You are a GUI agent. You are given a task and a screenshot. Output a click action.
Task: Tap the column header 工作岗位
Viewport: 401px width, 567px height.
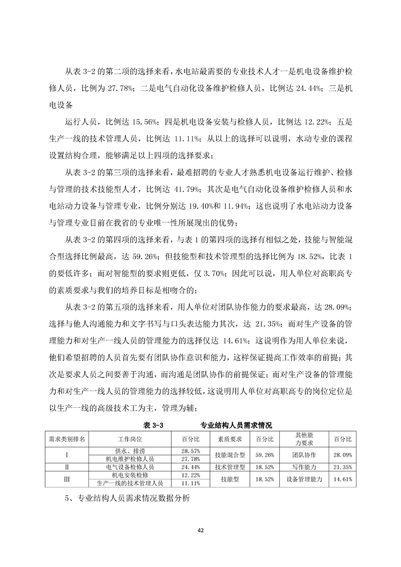[x=130, y=438]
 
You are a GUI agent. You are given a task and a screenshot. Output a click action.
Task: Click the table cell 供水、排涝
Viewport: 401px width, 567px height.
[x=130, y=450]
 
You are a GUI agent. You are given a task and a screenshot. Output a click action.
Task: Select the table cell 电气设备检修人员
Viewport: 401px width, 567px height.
[x=130, y=467]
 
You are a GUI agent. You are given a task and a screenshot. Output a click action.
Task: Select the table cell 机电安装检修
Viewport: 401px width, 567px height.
[x=130, y=475]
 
